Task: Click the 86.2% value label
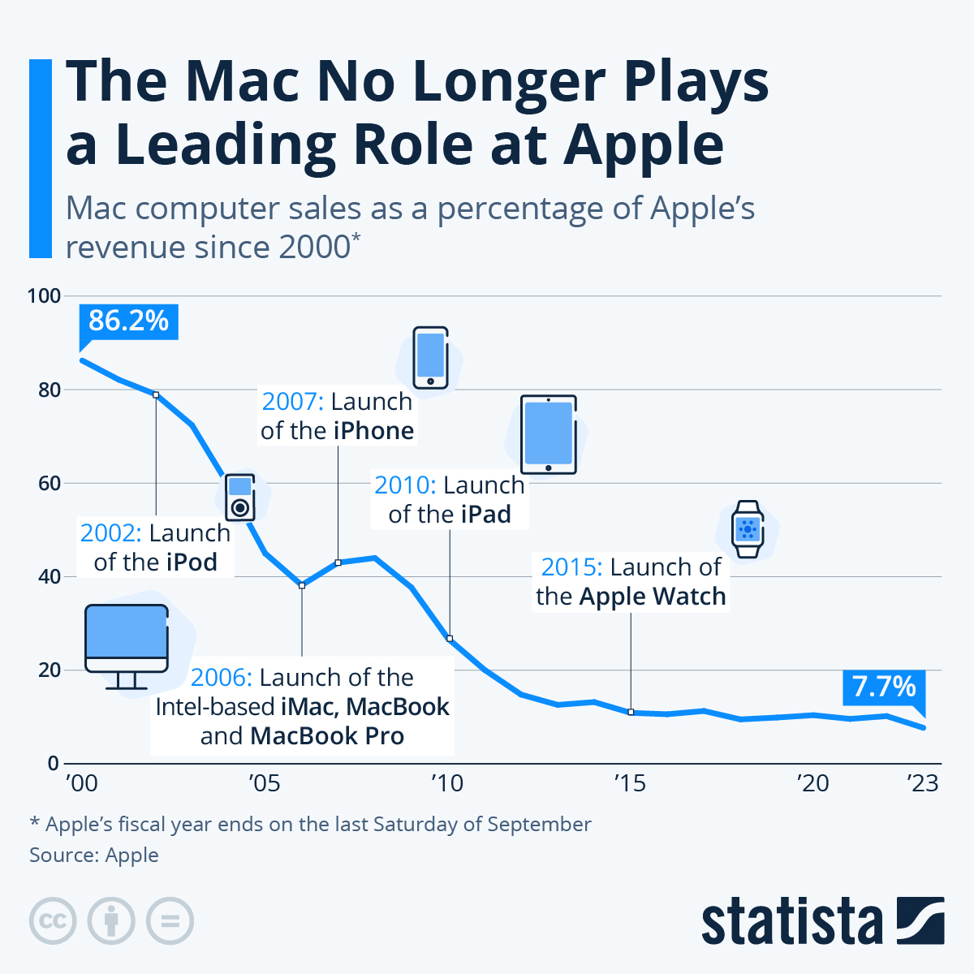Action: pyautogui.click(x=128, y=321)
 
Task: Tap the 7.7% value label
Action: pyautogui.click(x=884, y=687)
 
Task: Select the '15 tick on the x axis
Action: pyautogui.click(x=630, y=783)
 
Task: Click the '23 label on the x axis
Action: pyautogui.click(x=922, y=783)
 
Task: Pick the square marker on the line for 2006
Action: pyautogui.click(x=302, y=585)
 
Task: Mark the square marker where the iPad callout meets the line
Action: pyautogui.click(x=450, y=638)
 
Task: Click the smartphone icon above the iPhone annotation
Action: pyautogui.click(x=430, y=358)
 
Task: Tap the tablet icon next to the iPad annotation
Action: pyautogui.click(x=548, y=435)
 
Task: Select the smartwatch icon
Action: pyautogui.click(x=748, y=529)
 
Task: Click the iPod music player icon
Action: pyautogui.click(x=239, y=498)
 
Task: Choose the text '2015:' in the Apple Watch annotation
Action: pyautogui.click(x=571, y=567)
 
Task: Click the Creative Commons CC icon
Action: pyautogui.click(x=53, y=921)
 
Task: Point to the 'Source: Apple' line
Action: pyautogui.click(x=94, y=855)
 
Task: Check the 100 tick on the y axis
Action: pyautogui.click(x=45, y=296)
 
